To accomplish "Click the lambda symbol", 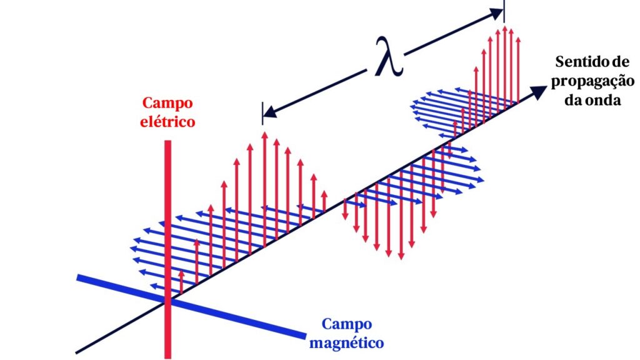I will tap(389, 56).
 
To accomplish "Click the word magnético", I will tap(346, 342).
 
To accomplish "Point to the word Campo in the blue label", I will tap(346, 324).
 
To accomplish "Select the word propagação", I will tap(594, 81).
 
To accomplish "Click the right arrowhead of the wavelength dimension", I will tap(498, 11).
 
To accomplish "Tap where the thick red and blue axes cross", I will tap(167, 301).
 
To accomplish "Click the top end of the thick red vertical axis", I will tap(167, 142).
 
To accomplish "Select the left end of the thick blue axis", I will tap(78, 277).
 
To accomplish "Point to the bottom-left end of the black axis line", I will tap(77, 353).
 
